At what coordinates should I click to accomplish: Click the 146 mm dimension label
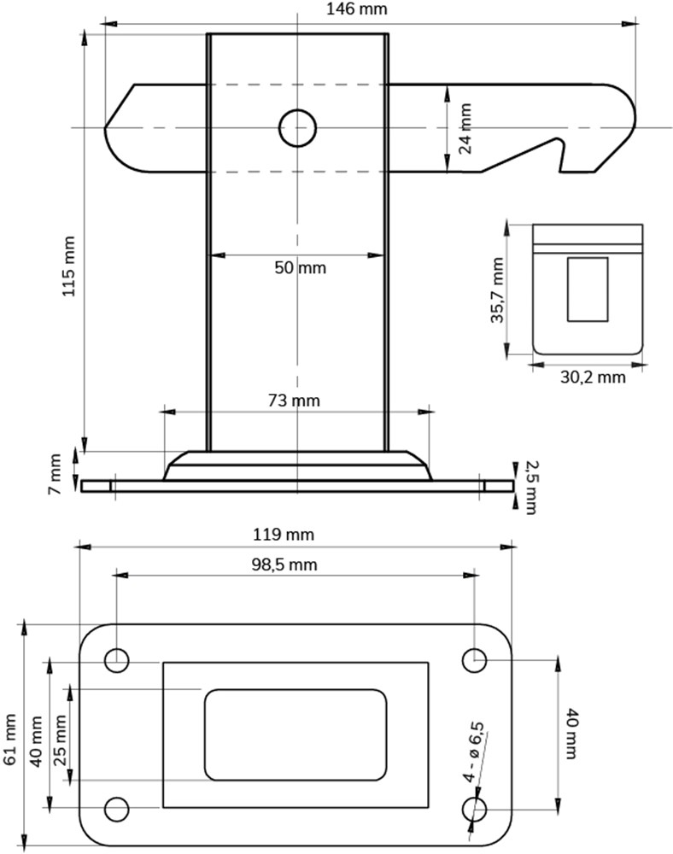click(x=357, y=9)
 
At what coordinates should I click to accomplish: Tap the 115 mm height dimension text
click(x=68, y=266)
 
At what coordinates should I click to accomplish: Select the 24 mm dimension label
click(x=465, y=129)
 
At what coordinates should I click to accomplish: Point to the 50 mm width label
click(x=300, y=267)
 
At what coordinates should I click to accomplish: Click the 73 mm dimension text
click(x=294, y=401)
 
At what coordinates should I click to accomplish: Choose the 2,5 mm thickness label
click(x=531, y=488)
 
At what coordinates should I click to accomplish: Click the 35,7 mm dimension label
click(x=497, y=290)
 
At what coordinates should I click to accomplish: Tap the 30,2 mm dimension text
click(x=593, y=377)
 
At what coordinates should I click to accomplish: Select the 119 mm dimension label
click(x=284, y=535)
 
